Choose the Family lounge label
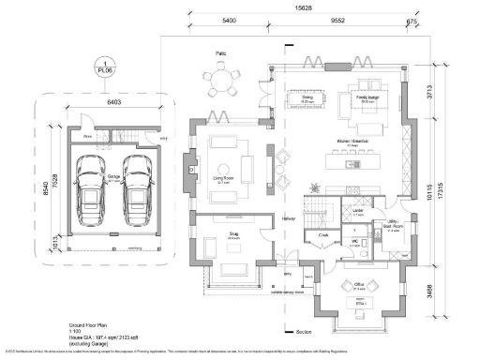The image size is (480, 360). click(x=367, y=96)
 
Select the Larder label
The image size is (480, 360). click(x=358, y=213)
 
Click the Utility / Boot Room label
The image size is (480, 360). click(x=393, y=226)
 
